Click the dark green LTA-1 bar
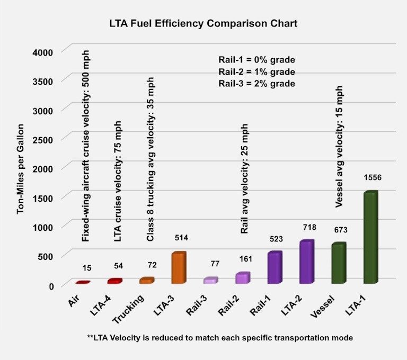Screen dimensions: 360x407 (371, 238)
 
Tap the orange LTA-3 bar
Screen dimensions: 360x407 (179, 268)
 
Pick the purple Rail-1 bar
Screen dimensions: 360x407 (275, 268)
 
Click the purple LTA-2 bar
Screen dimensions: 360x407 (307, 262)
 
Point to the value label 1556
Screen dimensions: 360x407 (373, 177)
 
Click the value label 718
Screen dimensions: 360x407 (308, 227)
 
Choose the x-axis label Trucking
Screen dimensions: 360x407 (128, 308)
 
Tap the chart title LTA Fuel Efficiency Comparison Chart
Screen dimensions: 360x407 (203, 23)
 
